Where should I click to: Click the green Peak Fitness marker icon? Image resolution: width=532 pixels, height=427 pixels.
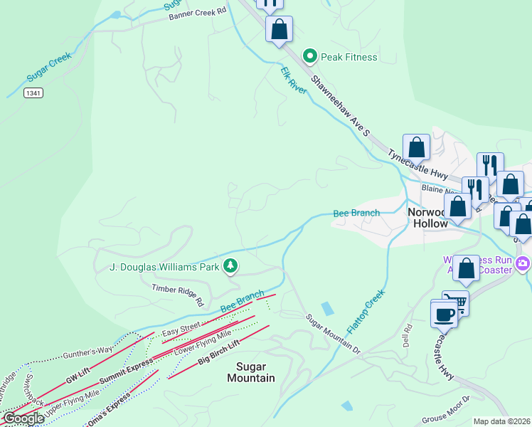pyautogui.click(x=309, y=56)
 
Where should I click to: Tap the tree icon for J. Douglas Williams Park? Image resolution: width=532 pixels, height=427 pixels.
pyautogui.click(x=230, y=267)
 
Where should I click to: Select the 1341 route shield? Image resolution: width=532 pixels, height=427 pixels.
pyautogui.click(x=32, y=93)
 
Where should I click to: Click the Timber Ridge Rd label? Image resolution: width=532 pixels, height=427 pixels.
pyautogui.click(x=177, y=292)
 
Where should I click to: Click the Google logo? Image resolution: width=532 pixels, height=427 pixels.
pyautogui.click(x=23, y=418)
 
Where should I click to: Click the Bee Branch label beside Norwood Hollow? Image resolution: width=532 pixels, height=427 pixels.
pyautogui.click(x=356, y=213)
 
